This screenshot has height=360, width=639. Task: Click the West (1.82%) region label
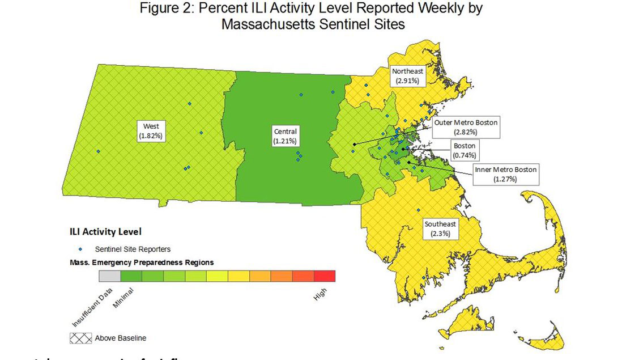tap(151, 130)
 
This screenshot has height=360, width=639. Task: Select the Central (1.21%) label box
tap(284, 136)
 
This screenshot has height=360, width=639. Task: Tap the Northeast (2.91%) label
tap(407, 76)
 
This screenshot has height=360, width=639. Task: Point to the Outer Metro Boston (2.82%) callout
tap(465, 127)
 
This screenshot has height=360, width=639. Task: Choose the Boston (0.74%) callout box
tap(464, 150)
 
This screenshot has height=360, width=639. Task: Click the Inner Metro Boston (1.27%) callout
tap(505, 174)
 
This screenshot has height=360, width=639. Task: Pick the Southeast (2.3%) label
tap(440, 228)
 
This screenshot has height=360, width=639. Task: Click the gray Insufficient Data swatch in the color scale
tap(109, 276)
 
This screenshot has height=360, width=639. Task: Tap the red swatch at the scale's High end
tap(324, 276)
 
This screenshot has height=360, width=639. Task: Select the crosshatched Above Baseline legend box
tap(80, 338)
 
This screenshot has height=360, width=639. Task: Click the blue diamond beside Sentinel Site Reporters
tap(80, 249)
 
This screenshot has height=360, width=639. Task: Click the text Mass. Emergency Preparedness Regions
tap(142, 263)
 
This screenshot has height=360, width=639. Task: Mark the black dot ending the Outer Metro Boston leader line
tap(354, 145)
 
